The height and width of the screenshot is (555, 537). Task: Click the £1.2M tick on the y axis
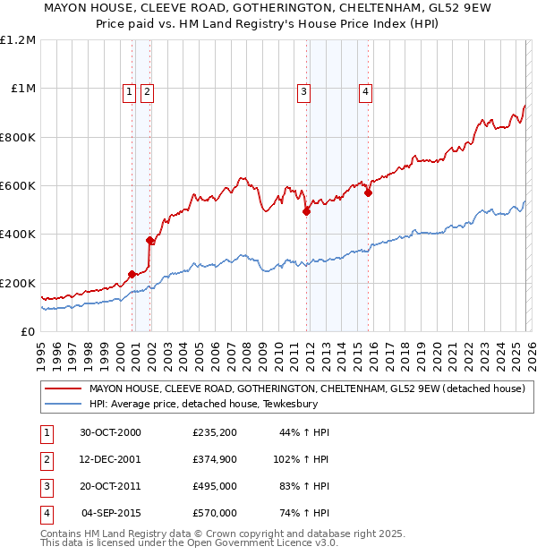point(18,40)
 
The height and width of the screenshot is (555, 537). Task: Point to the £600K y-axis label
point(18,186)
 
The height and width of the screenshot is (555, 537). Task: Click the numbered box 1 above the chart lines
point(130,90)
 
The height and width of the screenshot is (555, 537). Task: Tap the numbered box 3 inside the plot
point(304,90)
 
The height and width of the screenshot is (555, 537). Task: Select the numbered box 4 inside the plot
point(366,90)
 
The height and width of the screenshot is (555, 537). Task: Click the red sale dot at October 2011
point(306,212)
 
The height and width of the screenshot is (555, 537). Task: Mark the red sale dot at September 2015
point(368,192)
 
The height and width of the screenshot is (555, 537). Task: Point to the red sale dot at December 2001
point(150,240)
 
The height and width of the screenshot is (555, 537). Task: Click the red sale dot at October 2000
point(132,274)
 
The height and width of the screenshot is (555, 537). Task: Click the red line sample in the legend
point(63,389)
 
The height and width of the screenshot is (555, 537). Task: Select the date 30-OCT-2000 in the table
point(110,432)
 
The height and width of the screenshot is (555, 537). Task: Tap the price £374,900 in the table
point(214,459)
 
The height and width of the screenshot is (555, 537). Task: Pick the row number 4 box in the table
point(45,513)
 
